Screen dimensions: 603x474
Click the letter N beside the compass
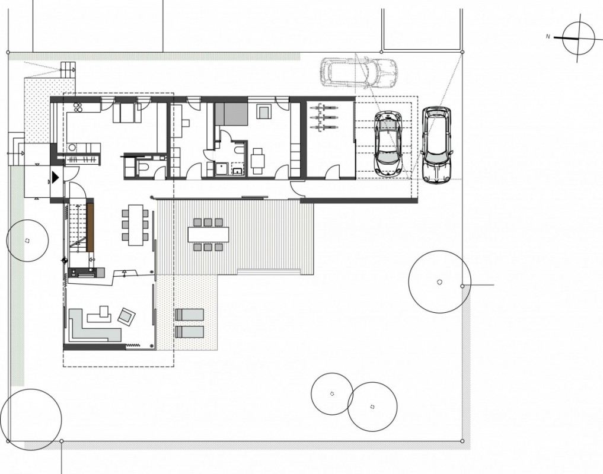pos(548,37)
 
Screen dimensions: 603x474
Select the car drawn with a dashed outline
pos(358,72)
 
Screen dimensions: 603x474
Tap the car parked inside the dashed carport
pos(388,144)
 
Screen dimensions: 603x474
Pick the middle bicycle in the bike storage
pos(324,117)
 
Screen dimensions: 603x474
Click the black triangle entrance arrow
pos(56,177)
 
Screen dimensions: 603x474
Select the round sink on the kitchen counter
pos(72,147)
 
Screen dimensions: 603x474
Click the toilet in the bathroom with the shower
pos(239,149)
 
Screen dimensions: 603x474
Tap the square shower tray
pos(221,169)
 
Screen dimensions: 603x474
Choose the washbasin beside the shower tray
pos(237,169)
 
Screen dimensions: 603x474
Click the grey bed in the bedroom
pos(231,114)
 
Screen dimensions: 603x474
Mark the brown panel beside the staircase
pos(90,228)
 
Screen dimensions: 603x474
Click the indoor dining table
pos(135,225)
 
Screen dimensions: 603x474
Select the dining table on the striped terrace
pos(208,235)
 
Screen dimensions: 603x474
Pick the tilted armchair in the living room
pos(126,316)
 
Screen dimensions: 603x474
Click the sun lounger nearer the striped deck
pos(190,315)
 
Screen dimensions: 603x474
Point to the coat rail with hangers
pos(82,159)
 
